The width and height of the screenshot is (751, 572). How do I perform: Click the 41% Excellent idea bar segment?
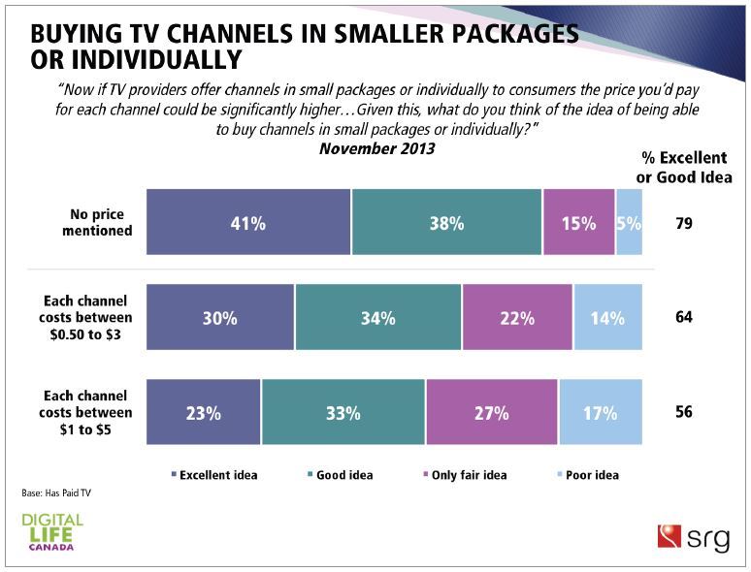coord(248,222)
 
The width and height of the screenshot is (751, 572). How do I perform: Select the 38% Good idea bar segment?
coord(446,222)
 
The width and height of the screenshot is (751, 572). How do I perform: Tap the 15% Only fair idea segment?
coord(579,222)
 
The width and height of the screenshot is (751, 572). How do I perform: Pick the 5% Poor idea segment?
coord(629,222)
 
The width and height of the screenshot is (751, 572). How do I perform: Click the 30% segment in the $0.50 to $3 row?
coord(220,317)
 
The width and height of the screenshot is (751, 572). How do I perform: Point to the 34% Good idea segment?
coord(378,317)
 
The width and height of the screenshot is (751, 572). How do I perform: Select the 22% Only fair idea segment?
coord(517,317)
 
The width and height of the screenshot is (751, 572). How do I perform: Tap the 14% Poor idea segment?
coord(607,317)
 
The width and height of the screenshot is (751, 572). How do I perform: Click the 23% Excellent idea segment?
coord(204,412)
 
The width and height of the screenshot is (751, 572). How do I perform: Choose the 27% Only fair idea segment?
coord(491,412)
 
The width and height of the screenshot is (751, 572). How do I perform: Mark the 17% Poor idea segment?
coord(601,412)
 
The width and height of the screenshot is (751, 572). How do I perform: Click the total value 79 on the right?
coord(684,223)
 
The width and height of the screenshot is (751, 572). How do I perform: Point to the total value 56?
coord(684,412)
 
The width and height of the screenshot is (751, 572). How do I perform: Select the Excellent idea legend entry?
coord(215,475)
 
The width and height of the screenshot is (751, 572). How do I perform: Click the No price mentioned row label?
coord(94,223)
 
